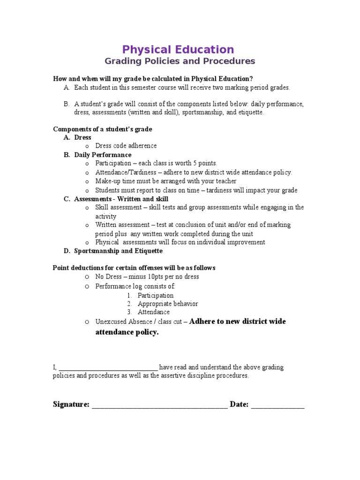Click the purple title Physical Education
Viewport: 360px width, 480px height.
[178, 50]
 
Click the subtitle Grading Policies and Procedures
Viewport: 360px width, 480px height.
[180, 61]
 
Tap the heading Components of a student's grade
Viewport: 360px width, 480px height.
[103, 129]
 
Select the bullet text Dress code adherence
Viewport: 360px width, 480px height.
[126, 146]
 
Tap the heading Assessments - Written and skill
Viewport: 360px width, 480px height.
[121, 199]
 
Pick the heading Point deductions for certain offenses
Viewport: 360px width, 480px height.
[134, 268]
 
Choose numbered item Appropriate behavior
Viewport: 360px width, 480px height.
[168, 304]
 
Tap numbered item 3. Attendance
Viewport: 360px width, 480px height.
[153, 312]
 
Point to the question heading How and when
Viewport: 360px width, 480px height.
[153, 79]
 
